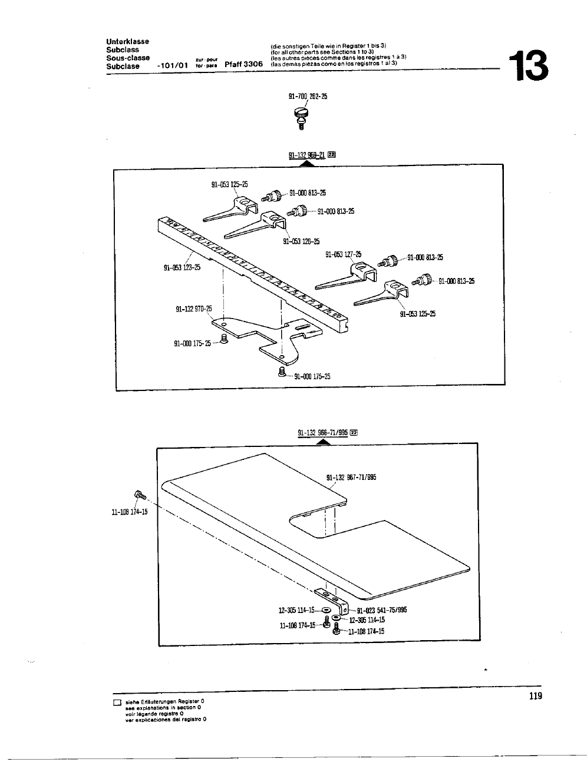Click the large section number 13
[x=529, y=66]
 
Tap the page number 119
[x=535, y=697]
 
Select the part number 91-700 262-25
[x=308, y=97]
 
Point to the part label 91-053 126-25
[x=301, y=241]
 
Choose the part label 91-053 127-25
[x=344, y=255]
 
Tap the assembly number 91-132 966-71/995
[x=324, y=433]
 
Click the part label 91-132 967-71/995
[x=351, y=478]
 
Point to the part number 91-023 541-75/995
[x=382, y=611]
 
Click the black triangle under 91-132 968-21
[x=306, y=164]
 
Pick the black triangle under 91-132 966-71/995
[x=323, y=442]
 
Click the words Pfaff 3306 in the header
[x=243, y=65]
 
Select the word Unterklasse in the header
[x=127, y=41]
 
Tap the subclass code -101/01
[x=173, y=65]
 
